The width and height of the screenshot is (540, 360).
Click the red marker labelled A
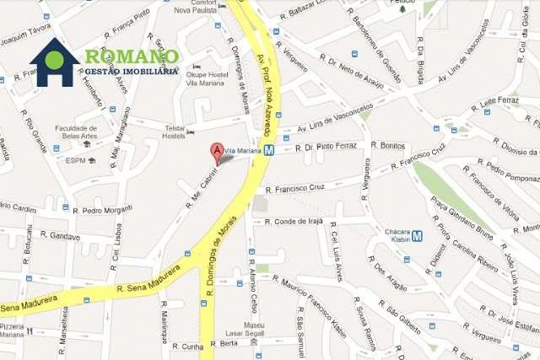click(x=217, y=153)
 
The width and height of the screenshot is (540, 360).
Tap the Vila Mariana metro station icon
click(x=269, y=151)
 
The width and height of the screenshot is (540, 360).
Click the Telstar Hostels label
click(x=175, y=132)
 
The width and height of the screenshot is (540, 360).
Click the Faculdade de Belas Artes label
click(x=78, y=133)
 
